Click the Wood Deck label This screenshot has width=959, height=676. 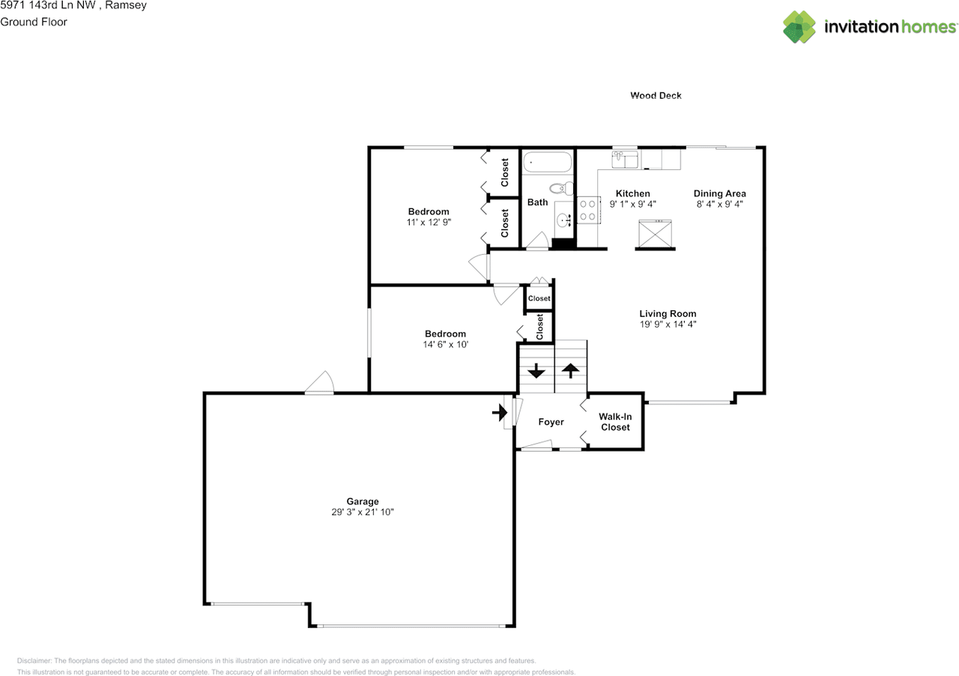pyautogui.click(x=656, y=95)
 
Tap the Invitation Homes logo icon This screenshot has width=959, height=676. pyautogui.click(x=799, y=26)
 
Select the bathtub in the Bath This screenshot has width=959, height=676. pyautogui.click(x=547, y=163)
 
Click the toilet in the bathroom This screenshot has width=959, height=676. pyautogui.click(x=561, y=188)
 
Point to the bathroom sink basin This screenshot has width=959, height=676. pyautogui.click(x=563, y=220)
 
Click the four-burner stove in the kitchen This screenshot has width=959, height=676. pyautogui.click(x=588, y=211)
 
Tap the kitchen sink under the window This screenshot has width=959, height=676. pyautogui.click(x=625, y=160)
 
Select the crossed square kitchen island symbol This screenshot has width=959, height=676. pyautogui.click(x=655, y=234)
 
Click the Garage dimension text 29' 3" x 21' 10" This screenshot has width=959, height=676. pyautogui.click(x=362, y=512)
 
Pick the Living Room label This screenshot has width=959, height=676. pyautogui.click(x=668, y=313)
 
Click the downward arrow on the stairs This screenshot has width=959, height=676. pyautogui.click(x=536, y=370)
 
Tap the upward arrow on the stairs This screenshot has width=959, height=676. pyautogui.click(x=570, y=370)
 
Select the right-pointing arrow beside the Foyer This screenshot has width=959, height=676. pyautogui.click(x=500, y=412)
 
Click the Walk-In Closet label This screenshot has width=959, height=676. pyautogui.click(x=615, y=422)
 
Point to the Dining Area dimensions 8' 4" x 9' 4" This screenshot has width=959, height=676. pyautogui.click(x=719, y=205)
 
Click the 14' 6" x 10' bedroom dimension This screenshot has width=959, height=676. pyautogui.click(x=445, y=345)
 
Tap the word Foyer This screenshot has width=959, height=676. pyautogui.click(x=551, y=422)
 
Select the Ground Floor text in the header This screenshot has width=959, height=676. pyautogui.click(x=34, y=22)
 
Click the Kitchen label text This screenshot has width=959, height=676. pyautogui.click(x=633, y=193)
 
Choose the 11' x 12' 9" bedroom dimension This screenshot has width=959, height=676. pyautogui.click(x=429, y=222)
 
